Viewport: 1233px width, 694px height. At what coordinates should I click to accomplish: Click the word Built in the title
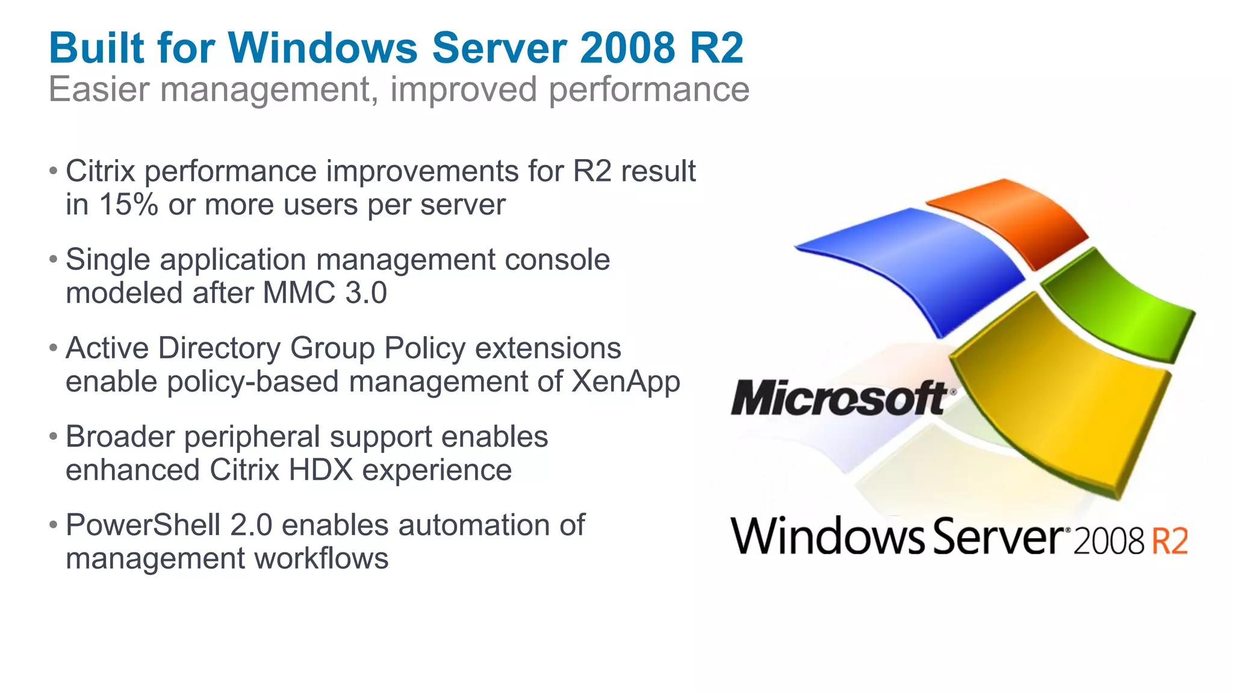(x=96, y=48)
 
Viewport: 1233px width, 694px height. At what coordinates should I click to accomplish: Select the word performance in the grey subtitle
(x=648, y=90)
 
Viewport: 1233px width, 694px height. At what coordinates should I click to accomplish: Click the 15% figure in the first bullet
(x=128, y=204)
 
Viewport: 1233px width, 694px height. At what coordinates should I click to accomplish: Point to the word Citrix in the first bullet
(x=100, y=171)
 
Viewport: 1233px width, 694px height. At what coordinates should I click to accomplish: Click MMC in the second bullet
(x=299, y=293)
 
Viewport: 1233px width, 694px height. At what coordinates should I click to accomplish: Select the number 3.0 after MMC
(x=366, y=293)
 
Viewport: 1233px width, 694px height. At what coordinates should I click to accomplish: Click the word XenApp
(x=626, y=382)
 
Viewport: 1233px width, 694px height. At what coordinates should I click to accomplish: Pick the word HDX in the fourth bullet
(x=320, y=470)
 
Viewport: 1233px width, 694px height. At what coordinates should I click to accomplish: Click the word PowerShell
(x=143, y=525)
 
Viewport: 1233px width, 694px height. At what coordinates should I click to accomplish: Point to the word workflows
(x=321, y=558)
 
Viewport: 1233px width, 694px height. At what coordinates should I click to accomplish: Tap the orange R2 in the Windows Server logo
(x=1169, y=541)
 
